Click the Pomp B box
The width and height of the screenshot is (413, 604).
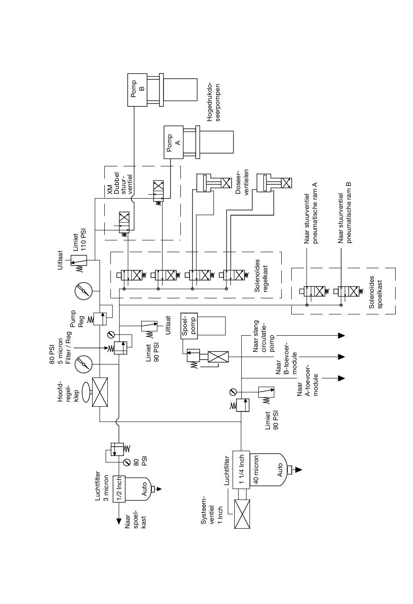[x=137, y=90]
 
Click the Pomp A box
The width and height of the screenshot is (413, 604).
[x=173, y=142]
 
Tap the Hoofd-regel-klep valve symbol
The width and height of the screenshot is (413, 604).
[x=100, y=392]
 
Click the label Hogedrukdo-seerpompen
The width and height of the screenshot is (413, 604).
[x=213, y=102]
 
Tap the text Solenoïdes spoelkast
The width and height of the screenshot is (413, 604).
[x=375, y=292]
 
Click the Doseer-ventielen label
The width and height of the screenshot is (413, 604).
[x=242, y=182]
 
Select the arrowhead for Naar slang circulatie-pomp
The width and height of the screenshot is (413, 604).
[x=341, y=335]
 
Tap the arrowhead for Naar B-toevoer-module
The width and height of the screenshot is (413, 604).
[x=341, y=357]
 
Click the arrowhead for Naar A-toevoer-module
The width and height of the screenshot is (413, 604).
[x=341, y=378]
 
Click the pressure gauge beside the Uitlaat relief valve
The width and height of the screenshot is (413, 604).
[x=83, y=291]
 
